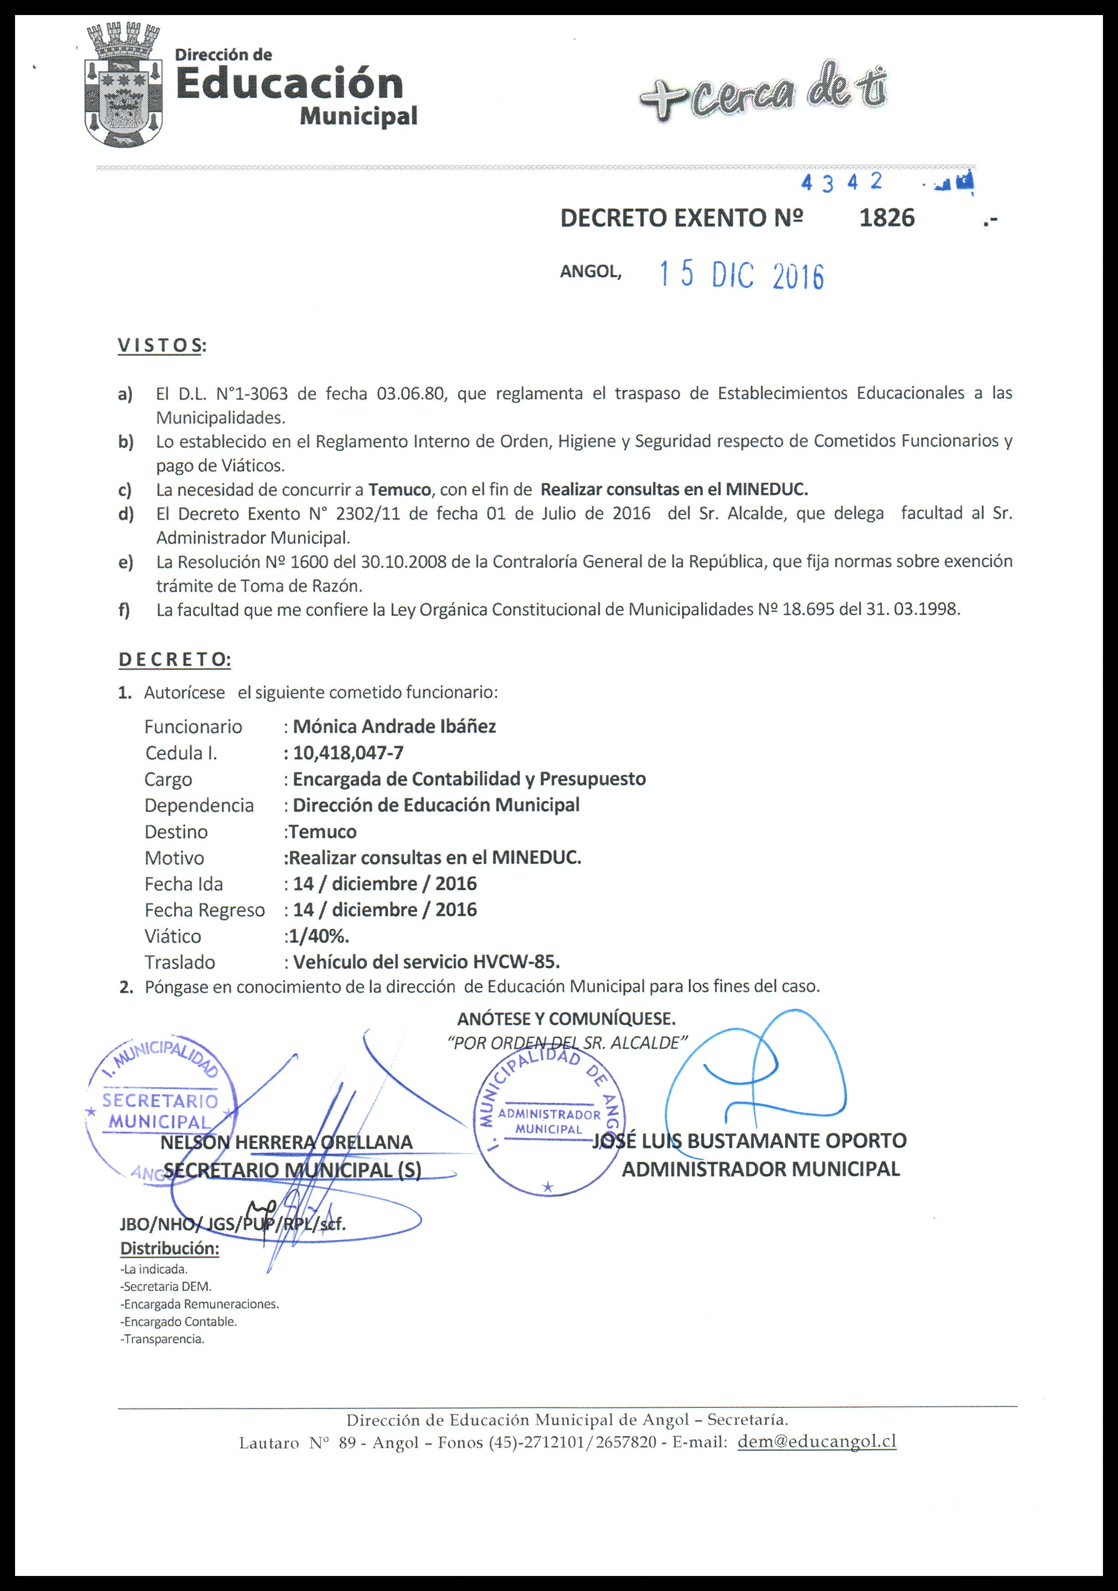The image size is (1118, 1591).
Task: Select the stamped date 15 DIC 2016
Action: [x=742, y=276]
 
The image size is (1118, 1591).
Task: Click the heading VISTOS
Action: [x=161, y=345]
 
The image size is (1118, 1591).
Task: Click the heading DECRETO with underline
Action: [x=175, y=659]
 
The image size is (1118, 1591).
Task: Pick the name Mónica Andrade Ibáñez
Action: [x=394, y=726]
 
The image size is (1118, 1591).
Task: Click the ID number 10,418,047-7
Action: [x=348, y=752]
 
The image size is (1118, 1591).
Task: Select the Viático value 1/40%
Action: [x=319, y=936]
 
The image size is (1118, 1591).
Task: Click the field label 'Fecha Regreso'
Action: [x=204, y=910]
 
